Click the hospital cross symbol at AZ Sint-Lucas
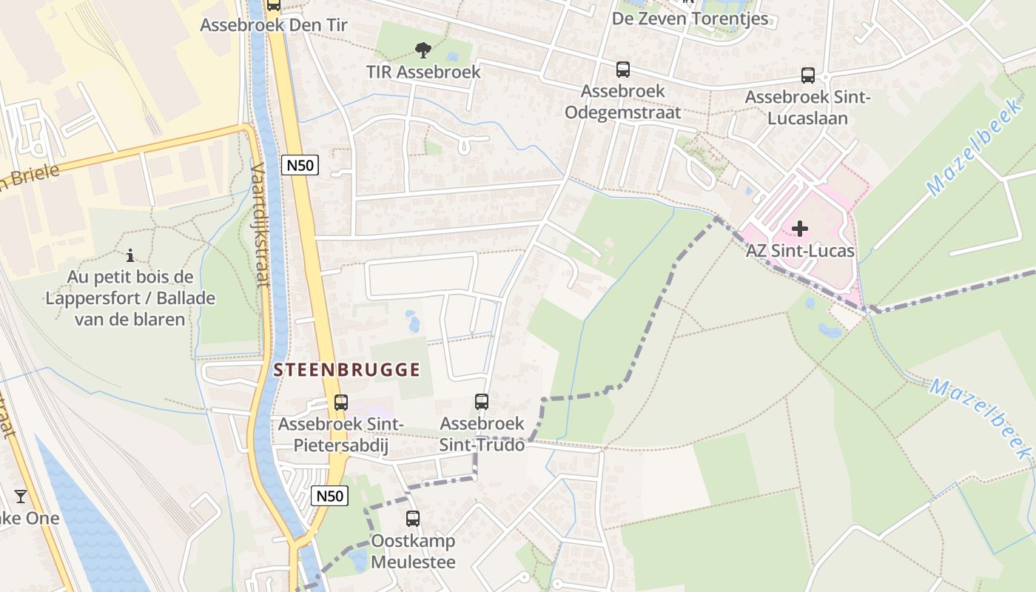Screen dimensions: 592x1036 pos(800,228)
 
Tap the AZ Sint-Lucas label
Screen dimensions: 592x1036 pos(800,251)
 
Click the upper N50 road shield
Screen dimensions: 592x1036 pos(300,165)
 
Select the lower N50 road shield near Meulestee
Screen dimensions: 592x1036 pos(329,496)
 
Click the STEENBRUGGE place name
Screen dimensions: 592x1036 pos(347,370)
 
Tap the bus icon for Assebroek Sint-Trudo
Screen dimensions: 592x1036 pos(482,402)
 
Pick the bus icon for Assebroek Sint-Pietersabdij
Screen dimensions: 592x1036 pos(340,403)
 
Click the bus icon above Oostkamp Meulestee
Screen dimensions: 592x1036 pos(413,519)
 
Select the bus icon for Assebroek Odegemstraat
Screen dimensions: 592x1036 pos(623,70)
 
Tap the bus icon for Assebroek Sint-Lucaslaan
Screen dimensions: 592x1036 pos(808,75)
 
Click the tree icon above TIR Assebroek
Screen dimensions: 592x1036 pos(423,50)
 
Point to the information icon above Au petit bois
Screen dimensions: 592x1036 pos(130,256)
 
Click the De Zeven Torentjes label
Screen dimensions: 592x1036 pos(690,18)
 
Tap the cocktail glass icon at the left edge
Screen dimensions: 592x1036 pos(21,496)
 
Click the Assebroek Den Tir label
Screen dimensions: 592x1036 pos(274,25)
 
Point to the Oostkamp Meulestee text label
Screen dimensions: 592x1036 pos(413,551)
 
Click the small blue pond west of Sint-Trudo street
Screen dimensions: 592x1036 pos(413,322)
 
